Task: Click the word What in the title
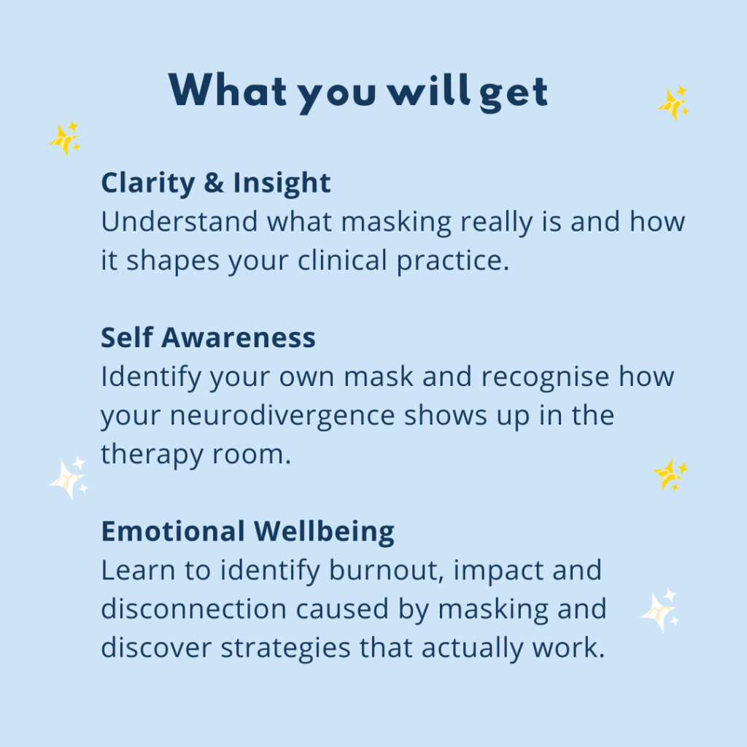click(x=228, y=90)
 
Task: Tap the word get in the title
click(x=514, y=94)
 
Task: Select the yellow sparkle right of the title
click(x=673, y=103)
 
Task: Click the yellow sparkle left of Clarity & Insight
click(x=65, y=138)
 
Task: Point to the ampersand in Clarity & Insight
click(x=214, y=182)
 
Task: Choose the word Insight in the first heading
click(x=282, y=183)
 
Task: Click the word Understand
click(x=179, y=222)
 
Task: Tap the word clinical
click(x=342, y=260)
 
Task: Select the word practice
click(x=453, y=261)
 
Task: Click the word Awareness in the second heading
click(x=239, y=338)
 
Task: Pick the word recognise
click(x=545, y=377)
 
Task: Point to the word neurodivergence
click(x=282, y=415)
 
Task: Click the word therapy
click(x=152, y=454)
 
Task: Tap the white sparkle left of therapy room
click(x=68, y=479)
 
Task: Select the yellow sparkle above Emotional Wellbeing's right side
click(x=670, y=474)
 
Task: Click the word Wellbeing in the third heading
click(x=324, y=532)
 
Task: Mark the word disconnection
click(x=193, y=609)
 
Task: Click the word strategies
click(x=285, y=649)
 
